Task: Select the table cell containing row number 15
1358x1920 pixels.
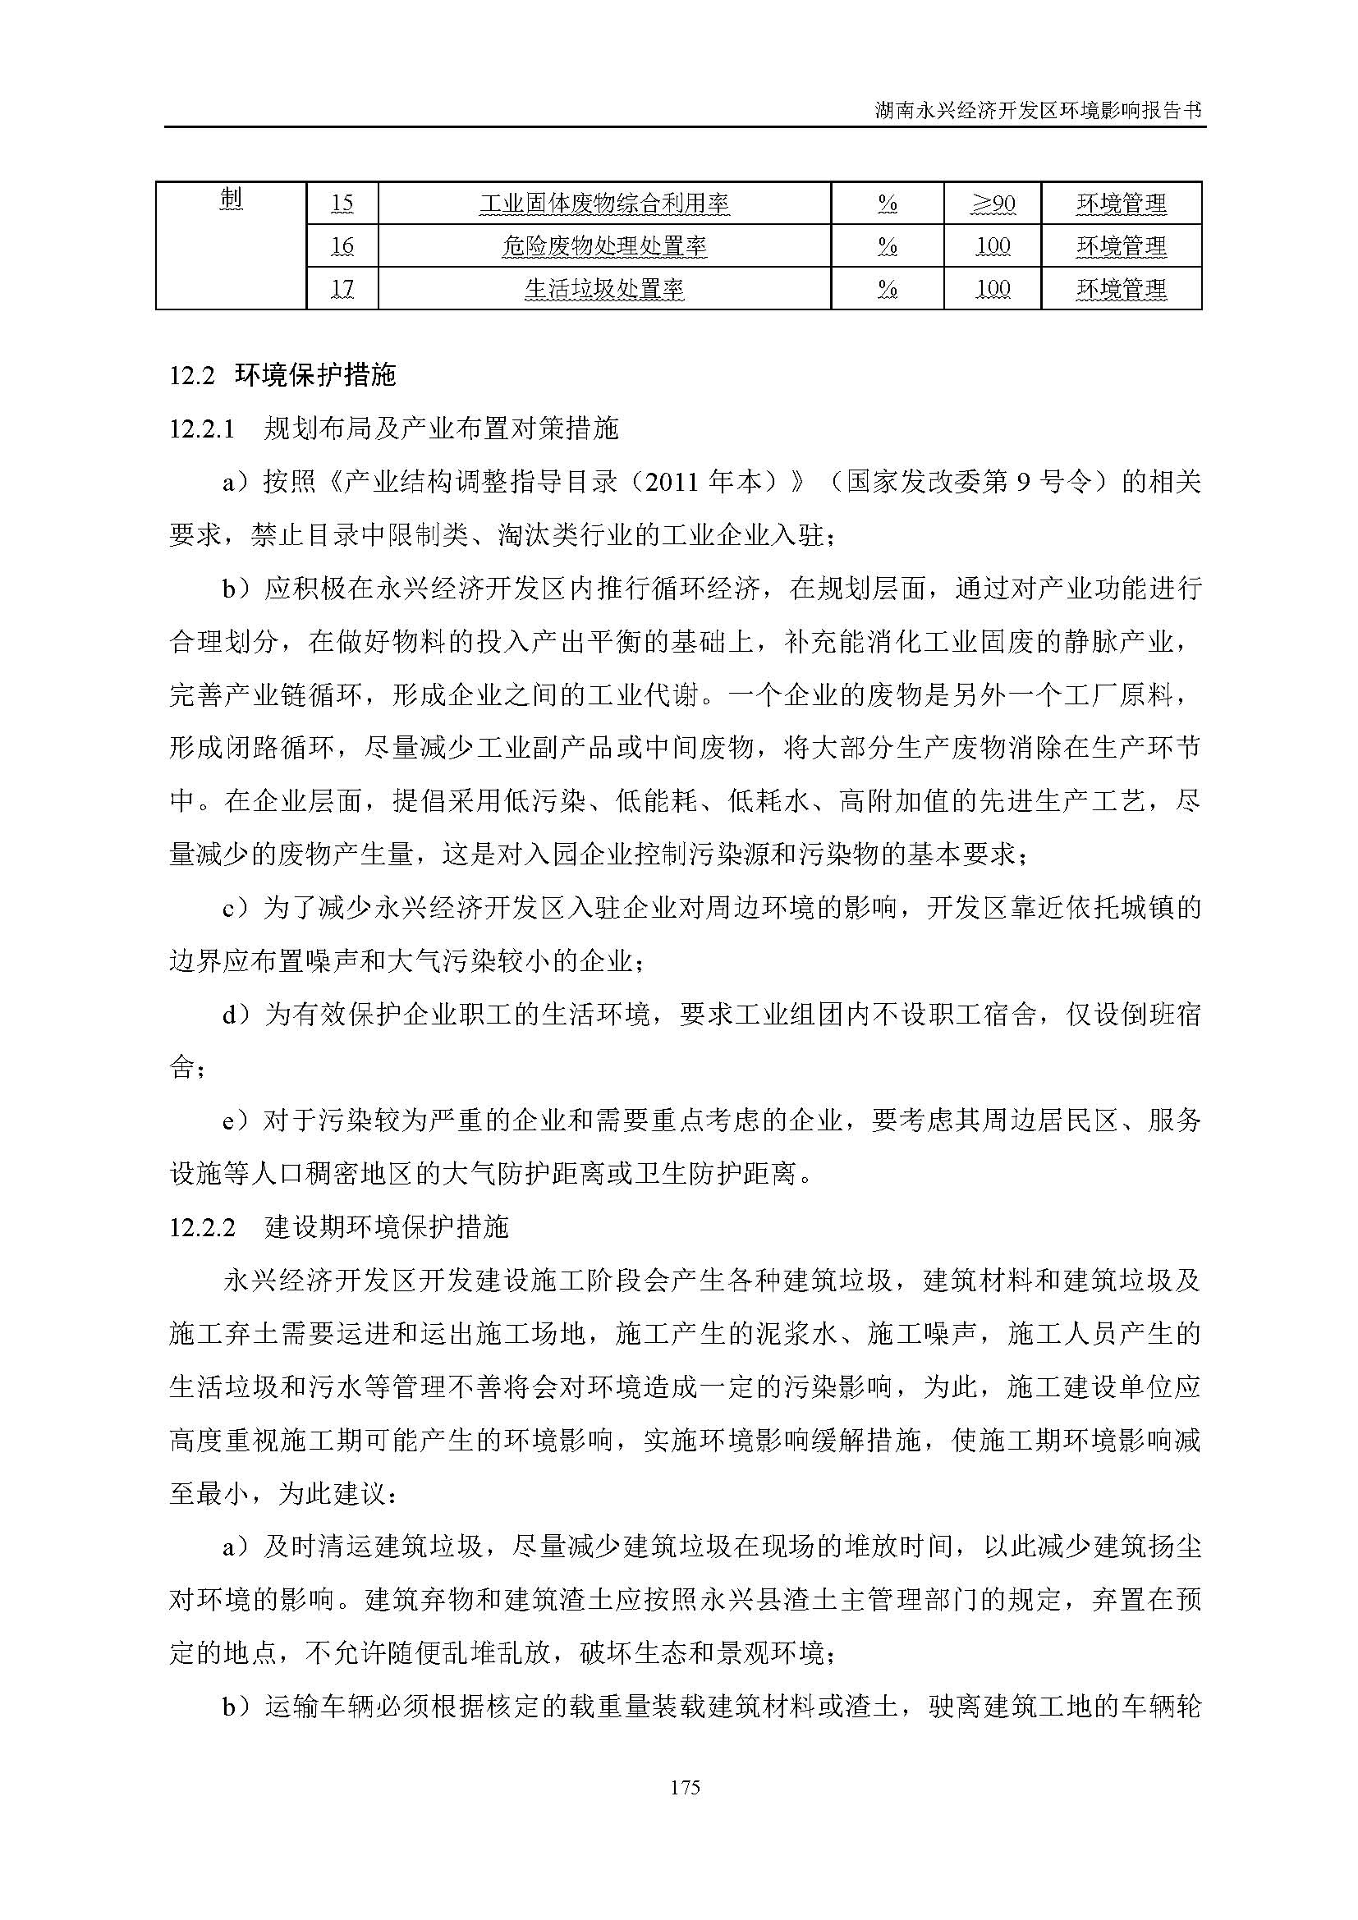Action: (x=342, y=204)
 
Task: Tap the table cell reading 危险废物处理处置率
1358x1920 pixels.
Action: (x=603, y=246)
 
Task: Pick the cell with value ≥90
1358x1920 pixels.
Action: (x=993, y=204)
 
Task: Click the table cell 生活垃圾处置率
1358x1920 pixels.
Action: (x=603, y=289)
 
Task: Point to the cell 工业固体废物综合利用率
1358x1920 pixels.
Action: (x=603, y=204)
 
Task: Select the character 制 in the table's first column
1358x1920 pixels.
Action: (x=231, y=199)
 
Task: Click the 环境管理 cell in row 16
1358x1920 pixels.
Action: (x=1121, y=246)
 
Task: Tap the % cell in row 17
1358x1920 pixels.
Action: (x=888, y=289)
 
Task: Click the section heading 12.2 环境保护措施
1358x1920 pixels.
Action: (x=282, y=375)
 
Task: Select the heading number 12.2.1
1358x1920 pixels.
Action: (x=200, y=429)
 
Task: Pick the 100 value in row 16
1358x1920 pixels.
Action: (x=993, y=246)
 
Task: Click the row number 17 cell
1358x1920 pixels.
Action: (x=342, y=289)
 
